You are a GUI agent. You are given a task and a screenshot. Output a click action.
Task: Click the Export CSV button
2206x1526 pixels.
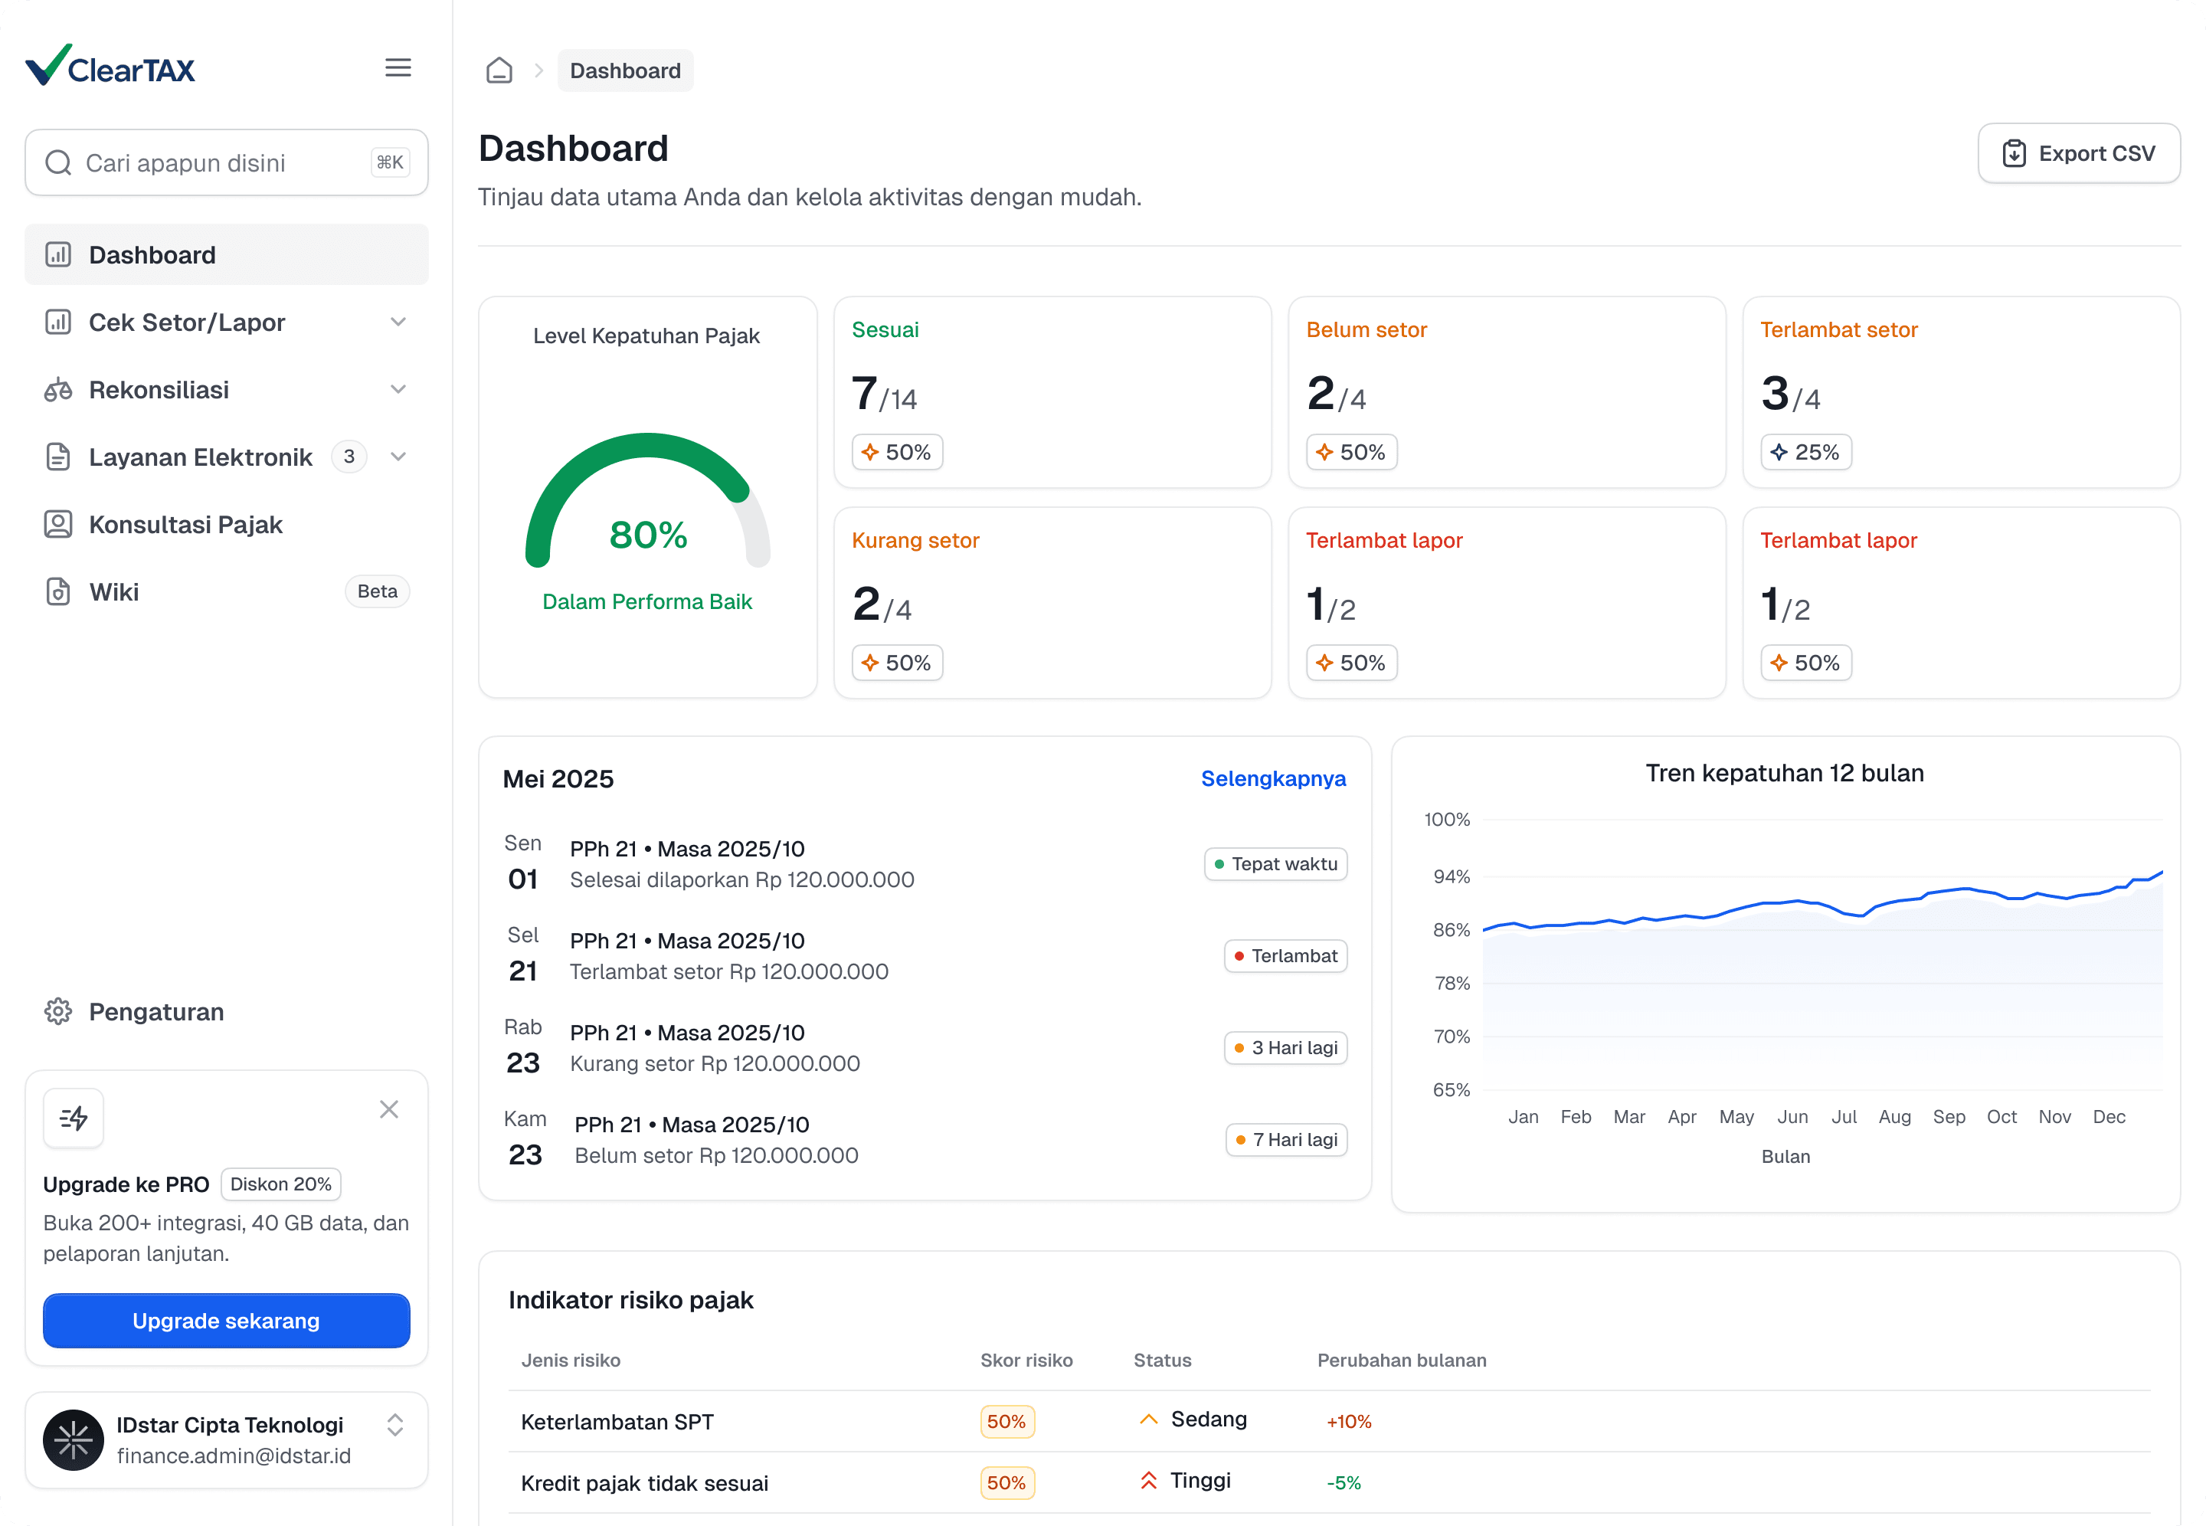2078,153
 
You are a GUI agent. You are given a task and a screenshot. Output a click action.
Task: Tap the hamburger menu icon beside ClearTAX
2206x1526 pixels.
398,68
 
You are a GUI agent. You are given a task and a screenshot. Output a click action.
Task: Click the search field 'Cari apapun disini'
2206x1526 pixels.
227,162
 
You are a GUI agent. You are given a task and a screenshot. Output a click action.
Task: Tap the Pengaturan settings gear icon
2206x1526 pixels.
58,1012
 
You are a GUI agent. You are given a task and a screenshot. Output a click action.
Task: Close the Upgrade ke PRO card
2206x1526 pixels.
389,1109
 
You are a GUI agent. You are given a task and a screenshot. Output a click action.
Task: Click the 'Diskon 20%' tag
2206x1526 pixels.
281,1184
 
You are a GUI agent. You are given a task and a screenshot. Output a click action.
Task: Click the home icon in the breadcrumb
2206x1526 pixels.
499,70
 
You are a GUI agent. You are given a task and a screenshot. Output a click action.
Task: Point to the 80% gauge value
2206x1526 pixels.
648,535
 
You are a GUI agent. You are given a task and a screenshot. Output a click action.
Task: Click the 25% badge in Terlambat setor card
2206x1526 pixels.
1805,452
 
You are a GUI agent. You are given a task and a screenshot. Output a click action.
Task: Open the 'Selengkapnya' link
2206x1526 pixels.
1273,778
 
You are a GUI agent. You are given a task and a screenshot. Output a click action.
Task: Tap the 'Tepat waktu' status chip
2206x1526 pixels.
1275,864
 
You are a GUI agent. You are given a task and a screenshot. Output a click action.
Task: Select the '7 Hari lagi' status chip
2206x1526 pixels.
1287,1140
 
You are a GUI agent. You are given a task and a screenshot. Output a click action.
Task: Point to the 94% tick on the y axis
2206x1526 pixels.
1451,877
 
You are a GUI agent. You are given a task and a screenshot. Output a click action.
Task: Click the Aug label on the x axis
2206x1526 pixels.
1894,1117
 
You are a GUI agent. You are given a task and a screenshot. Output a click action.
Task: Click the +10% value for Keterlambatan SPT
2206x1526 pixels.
1349,1422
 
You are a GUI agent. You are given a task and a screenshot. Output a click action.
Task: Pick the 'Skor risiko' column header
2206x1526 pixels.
1026,1361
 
